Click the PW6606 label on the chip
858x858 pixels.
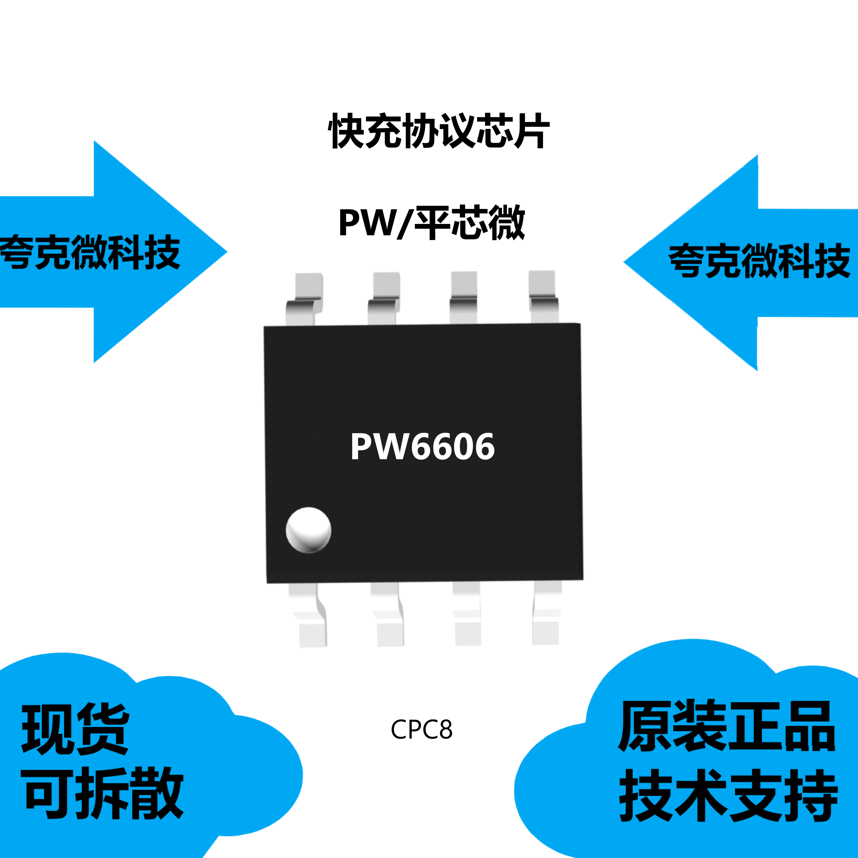click(422, 447)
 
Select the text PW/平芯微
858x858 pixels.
click(432, 223)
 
